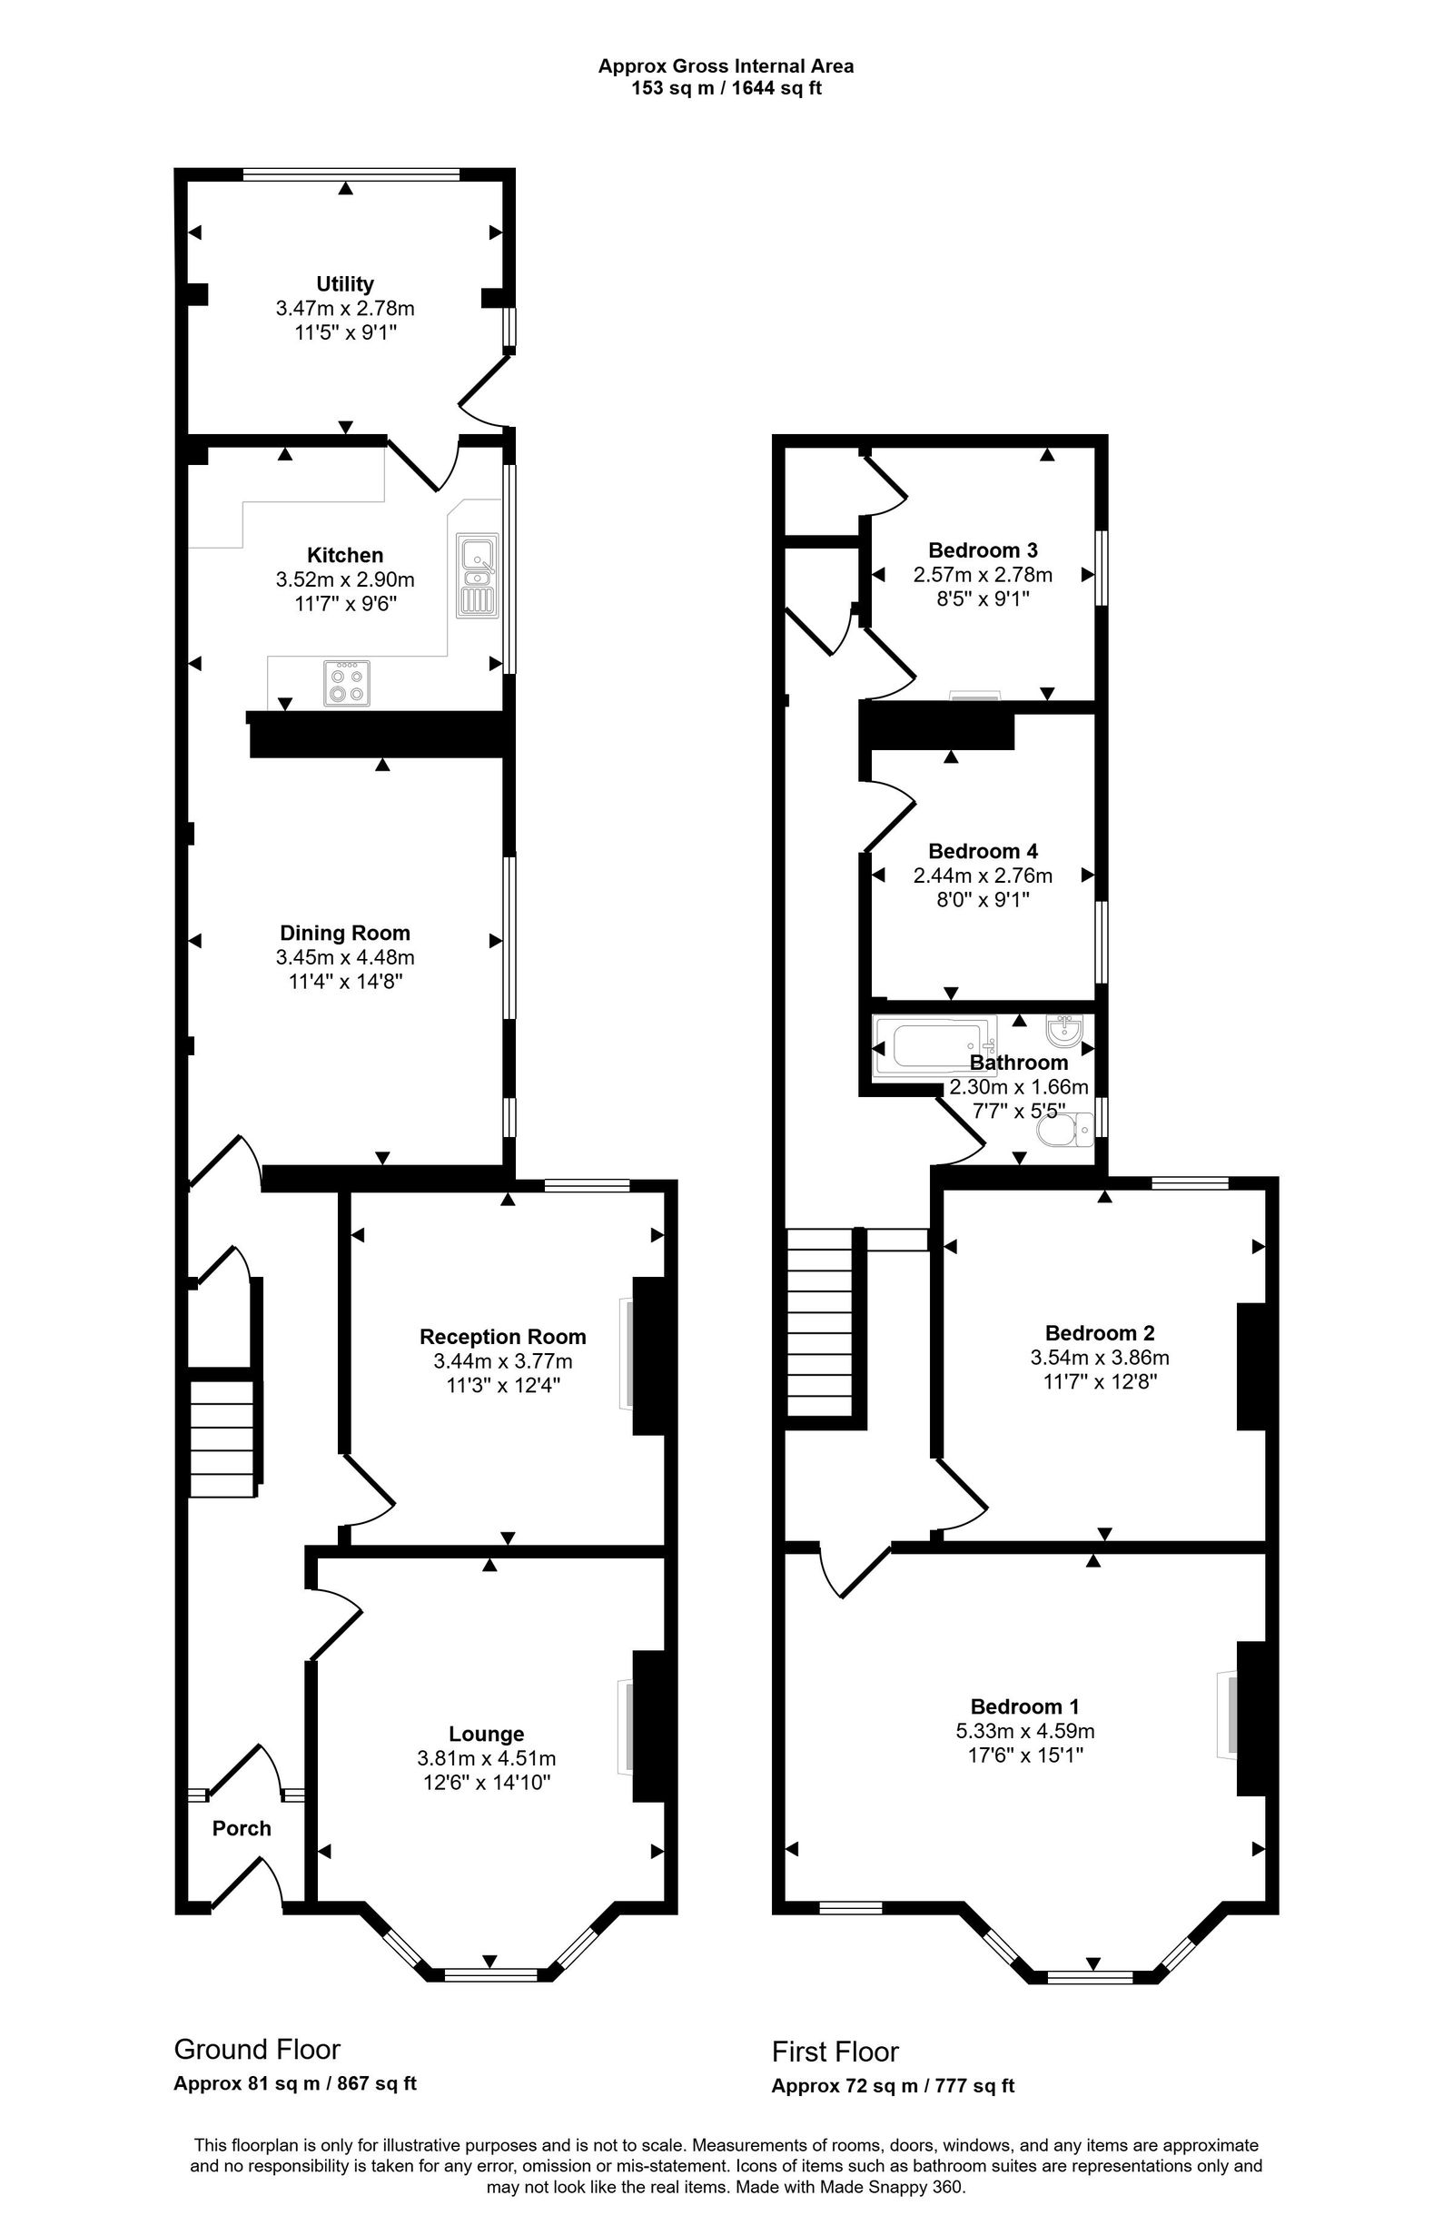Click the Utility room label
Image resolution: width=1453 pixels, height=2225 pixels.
(344, 283)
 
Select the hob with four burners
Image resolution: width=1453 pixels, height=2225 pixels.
(346, 682)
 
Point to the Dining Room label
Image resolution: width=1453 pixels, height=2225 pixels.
(344, 932)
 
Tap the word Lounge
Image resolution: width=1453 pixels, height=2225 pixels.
(485, 1735)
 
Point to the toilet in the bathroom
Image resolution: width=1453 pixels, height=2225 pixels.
(1067, 1130)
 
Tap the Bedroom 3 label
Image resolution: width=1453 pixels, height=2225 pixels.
(982, 549)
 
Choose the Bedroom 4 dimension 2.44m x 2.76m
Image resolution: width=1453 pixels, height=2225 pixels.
(982, 875)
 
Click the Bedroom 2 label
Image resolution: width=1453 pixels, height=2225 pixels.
(1099, 1332)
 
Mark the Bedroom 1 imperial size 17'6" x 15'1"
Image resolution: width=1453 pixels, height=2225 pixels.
(1024, 1755)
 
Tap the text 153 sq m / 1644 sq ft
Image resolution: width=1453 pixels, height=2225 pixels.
(726, 89)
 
